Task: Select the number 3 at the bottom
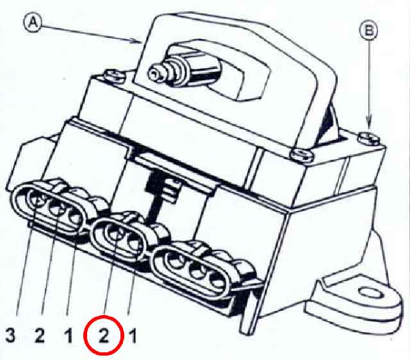coord(10,334)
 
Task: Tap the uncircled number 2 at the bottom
coord(39,334)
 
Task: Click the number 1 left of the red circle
coord(68,334)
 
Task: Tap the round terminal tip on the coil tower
coord(156,75)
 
